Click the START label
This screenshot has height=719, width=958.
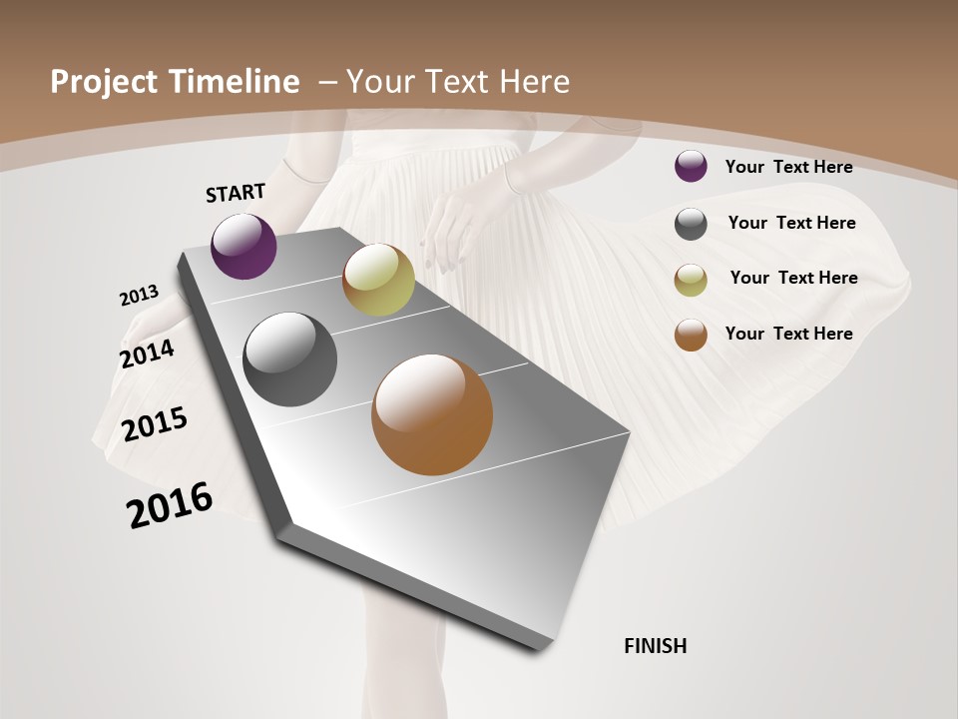point(236,193)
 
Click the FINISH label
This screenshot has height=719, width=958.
point(655,646)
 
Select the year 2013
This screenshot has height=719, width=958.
point(139,296)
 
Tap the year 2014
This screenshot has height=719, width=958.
point(147,354)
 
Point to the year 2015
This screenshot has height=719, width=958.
point(155,424)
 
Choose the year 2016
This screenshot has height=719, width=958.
point(170,504)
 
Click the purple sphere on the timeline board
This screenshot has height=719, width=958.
point(243,246)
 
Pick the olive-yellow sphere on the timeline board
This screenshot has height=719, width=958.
point(378,280)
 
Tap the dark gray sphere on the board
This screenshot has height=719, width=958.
point(290,359)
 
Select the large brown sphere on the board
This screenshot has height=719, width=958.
point(432,414)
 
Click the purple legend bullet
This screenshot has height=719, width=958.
point(691,166)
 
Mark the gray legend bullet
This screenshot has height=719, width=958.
point(691,224)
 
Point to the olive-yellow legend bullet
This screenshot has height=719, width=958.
point(691,280)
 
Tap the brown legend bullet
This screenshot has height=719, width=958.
point(691,335)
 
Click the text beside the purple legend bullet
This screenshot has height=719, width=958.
point(788,167)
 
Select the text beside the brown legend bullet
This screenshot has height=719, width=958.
point(788,334)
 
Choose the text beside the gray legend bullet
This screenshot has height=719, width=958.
point(791,223)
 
